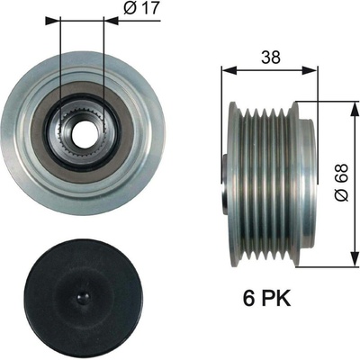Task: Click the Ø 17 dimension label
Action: (x=140, y=9)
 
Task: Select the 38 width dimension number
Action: (x=271, y=58)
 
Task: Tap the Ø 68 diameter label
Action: (x=341, y=183)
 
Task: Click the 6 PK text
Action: (x=266, y=299)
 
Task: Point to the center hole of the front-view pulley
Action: (x=82, y=132)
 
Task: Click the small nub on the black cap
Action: (x=83, y=297)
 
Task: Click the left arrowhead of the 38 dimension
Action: (x=229, y=70)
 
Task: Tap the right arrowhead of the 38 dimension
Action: (x=310, y=70)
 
